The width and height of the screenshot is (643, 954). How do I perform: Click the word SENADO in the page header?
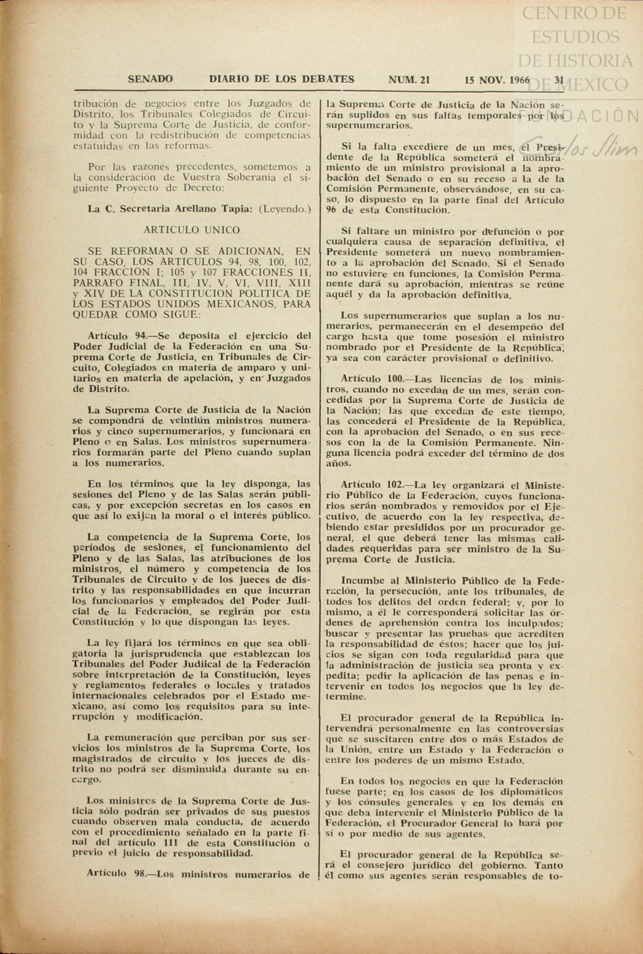click(150, 79)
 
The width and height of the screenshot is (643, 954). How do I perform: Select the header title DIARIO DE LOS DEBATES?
click(282, 79)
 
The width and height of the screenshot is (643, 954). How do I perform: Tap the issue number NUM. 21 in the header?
click(409, 79)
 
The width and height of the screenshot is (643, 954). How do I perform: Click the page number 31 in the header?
click(559, 80)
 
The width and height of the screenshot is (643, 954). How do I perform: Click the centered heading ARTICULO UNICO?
click(192, 230)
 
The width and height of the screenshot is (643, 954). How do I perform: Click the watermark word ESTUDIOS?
click(575, 37)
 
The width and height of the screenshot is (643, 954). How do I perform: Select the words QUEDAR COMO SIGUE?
click(136, 314)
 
